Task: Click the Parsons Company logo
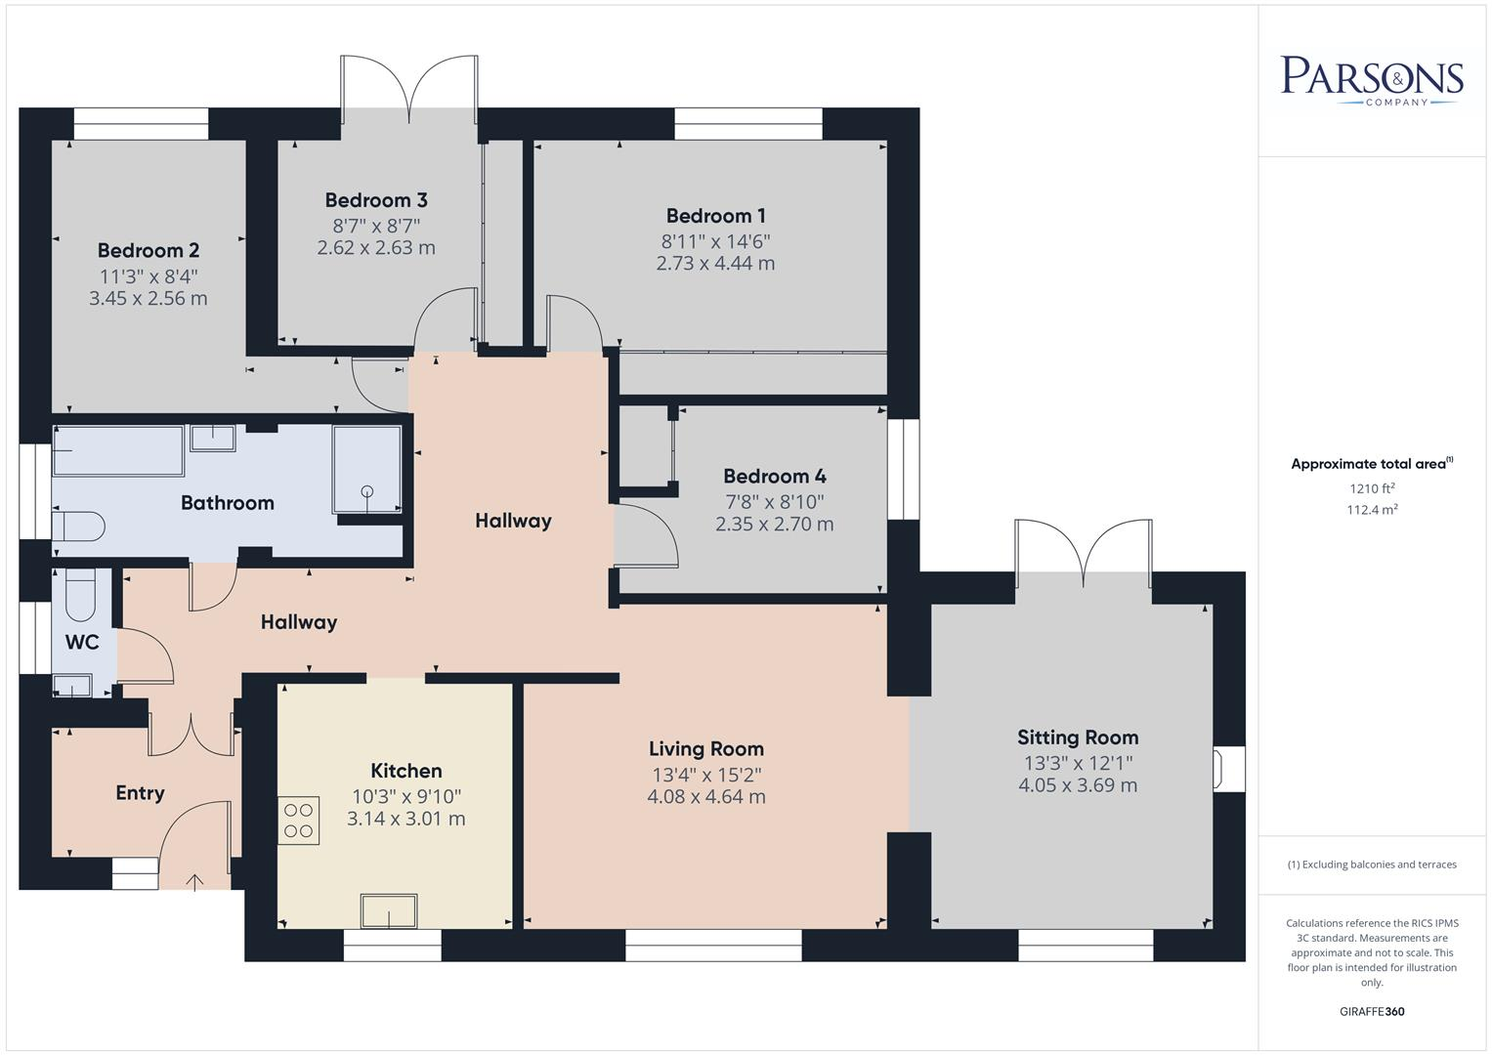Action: click(x=1372, y=80)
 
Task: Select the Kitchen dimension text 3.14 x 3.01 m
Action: click(x=405, y=819)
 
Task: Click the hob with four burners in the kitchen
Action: click(x=300, y=821)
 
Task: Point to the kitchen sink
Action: click(x=389, y=911)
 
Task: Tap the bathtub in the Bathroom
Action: click(x=118, y=451)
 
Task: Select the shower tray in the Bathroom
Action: click(x=366, y=469)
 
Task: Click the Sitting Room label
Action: click(x=1078, y=738)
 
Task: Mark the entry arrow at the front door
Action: click(x=194, y=883)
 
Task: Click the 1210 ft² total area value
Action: click(x=1372, y=488)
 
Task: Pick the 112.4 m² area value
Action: click(x=1372, y=509)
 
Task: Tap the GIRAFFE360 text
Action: click(x=1372, y=1012)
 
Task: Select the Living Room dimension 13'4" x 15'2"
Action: click(x=706, y=775)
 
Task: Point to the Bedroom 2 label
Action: click(x=149, y=251)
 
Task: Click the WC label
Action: click(x=82, y=643)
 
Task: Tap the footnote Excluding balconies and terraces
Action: click(x=1372, y=865)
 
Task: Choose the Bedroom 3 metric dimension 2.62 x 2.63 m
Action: click(x=376, y=248)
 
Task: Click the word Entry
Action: click(x=140, y=793)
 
